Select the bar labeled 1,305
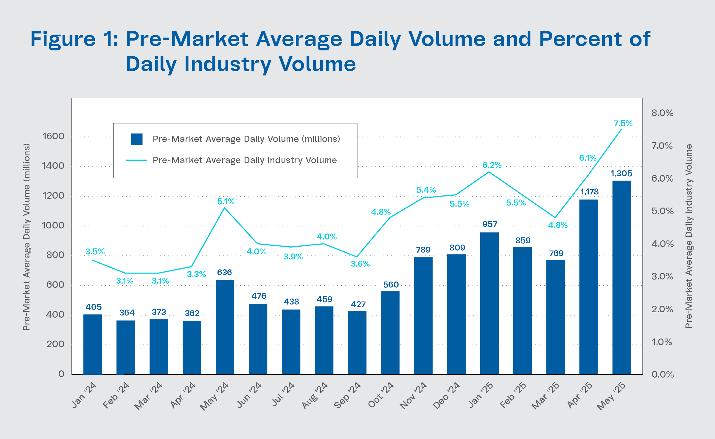[622, 277]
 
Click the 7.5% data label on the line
[623, 123]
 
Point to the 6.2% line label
[492, 165]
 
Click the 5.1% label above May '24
[226, 202]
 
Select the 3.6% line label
[360, 264]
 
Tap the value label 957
[490, 224]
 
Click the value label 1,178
[589, 191]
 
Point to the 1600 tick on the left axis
[53, 136]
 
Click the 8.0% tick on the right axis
[662, 113]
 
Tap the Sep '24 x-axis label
[347, 395]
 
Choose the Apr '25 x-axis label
[579, 395]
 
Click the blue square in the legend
[137, 139]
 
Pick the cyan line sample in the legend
[136, 160]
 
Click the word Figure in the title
[63, 39]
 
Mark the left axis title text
[27, 237]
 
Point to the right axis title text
[688, 236]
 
